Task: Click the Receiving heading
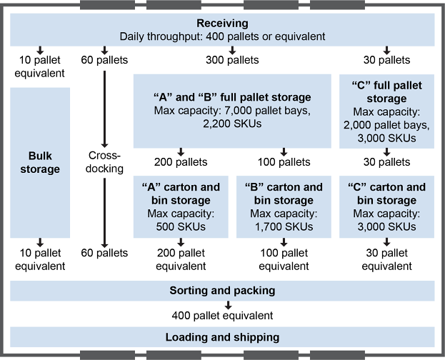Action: point(222,22)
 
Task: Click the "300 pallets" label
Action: point(232,60)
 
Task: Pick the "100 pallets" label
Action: point(284,161)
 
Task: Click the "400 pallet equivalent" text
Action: point(221,314)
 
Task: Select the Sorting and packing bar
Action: point(222,291)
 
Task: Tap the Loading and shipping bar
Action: point(222,337)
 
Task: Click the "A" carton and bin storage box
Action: point(181,206)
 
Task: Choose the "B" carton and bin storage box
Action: point(284,206)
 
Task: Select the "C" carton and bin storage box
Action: point(386,206)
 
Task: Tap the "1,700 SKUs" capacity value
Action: point(284,227)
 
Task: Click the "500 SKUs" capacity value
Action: point(181,227)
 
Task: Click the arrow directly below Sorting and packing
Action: point(221,304)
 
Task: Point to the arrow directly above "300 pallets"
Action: point(232,50)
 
